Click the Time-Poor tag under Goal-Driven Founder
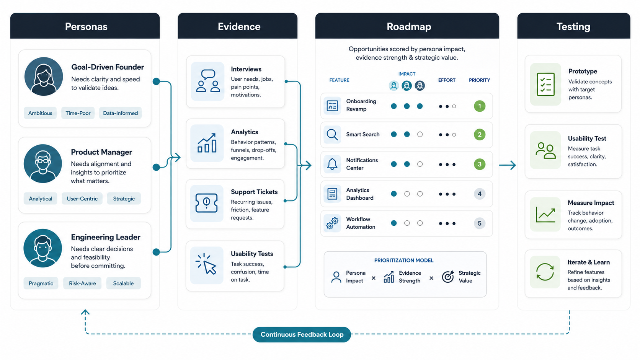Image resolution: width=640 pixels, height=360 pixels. [x=78, y=113]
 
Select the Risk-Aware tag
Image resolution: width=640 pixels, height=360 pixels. [x=82, y=283]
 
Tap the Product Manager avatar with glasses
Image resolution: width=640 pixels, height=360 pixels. [x=43, y=164]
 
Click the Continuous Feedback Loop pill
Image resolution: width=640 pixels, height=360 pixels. [x=302, y=334]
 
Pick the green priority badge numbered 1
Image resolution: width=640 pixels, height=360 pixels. [x=480, y=106]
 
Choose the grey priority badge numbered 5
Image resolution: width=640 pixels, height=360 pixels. [x=480, y=223]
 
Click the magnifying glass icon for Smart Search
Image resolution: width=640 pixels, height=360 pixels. [x=332, y=134]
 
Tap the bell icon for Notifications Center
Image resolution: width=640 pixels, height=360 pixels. [x=332, y=164]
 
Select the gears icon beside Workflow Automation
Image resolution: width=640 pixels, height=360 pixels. [x=332, y=223]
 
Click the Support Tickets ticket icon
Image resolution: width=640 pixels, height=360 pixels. [x=207, y=203]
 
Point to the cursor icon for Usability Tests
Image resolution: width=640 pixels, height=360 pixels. [x=206, y=264]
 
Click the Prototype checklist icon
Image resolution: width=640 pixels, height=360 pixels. [x=546, y=84]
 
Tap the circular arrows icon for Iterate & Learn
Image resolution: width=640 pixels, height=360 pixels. [x=545, y=272]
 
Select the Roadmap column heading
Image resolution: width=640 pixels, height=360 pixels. [x=409, y=26]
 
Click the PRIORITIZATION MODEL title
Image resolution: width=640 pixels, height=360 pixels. [x=404, y=261]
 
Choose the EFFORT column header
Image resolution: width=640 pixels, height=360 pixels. [x=447, y=80]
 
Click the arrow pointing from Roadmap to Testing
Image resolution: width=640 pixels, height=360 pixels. [x=508, y=165]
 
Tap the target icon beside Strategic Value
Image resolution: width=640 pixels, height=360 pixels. [x=448, y=276]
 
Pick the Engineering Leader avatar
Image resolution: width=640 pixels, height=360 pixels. [x=43, y=248]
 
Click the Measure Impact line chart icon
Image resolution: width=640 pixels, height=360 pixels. [x=545, y=214]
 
